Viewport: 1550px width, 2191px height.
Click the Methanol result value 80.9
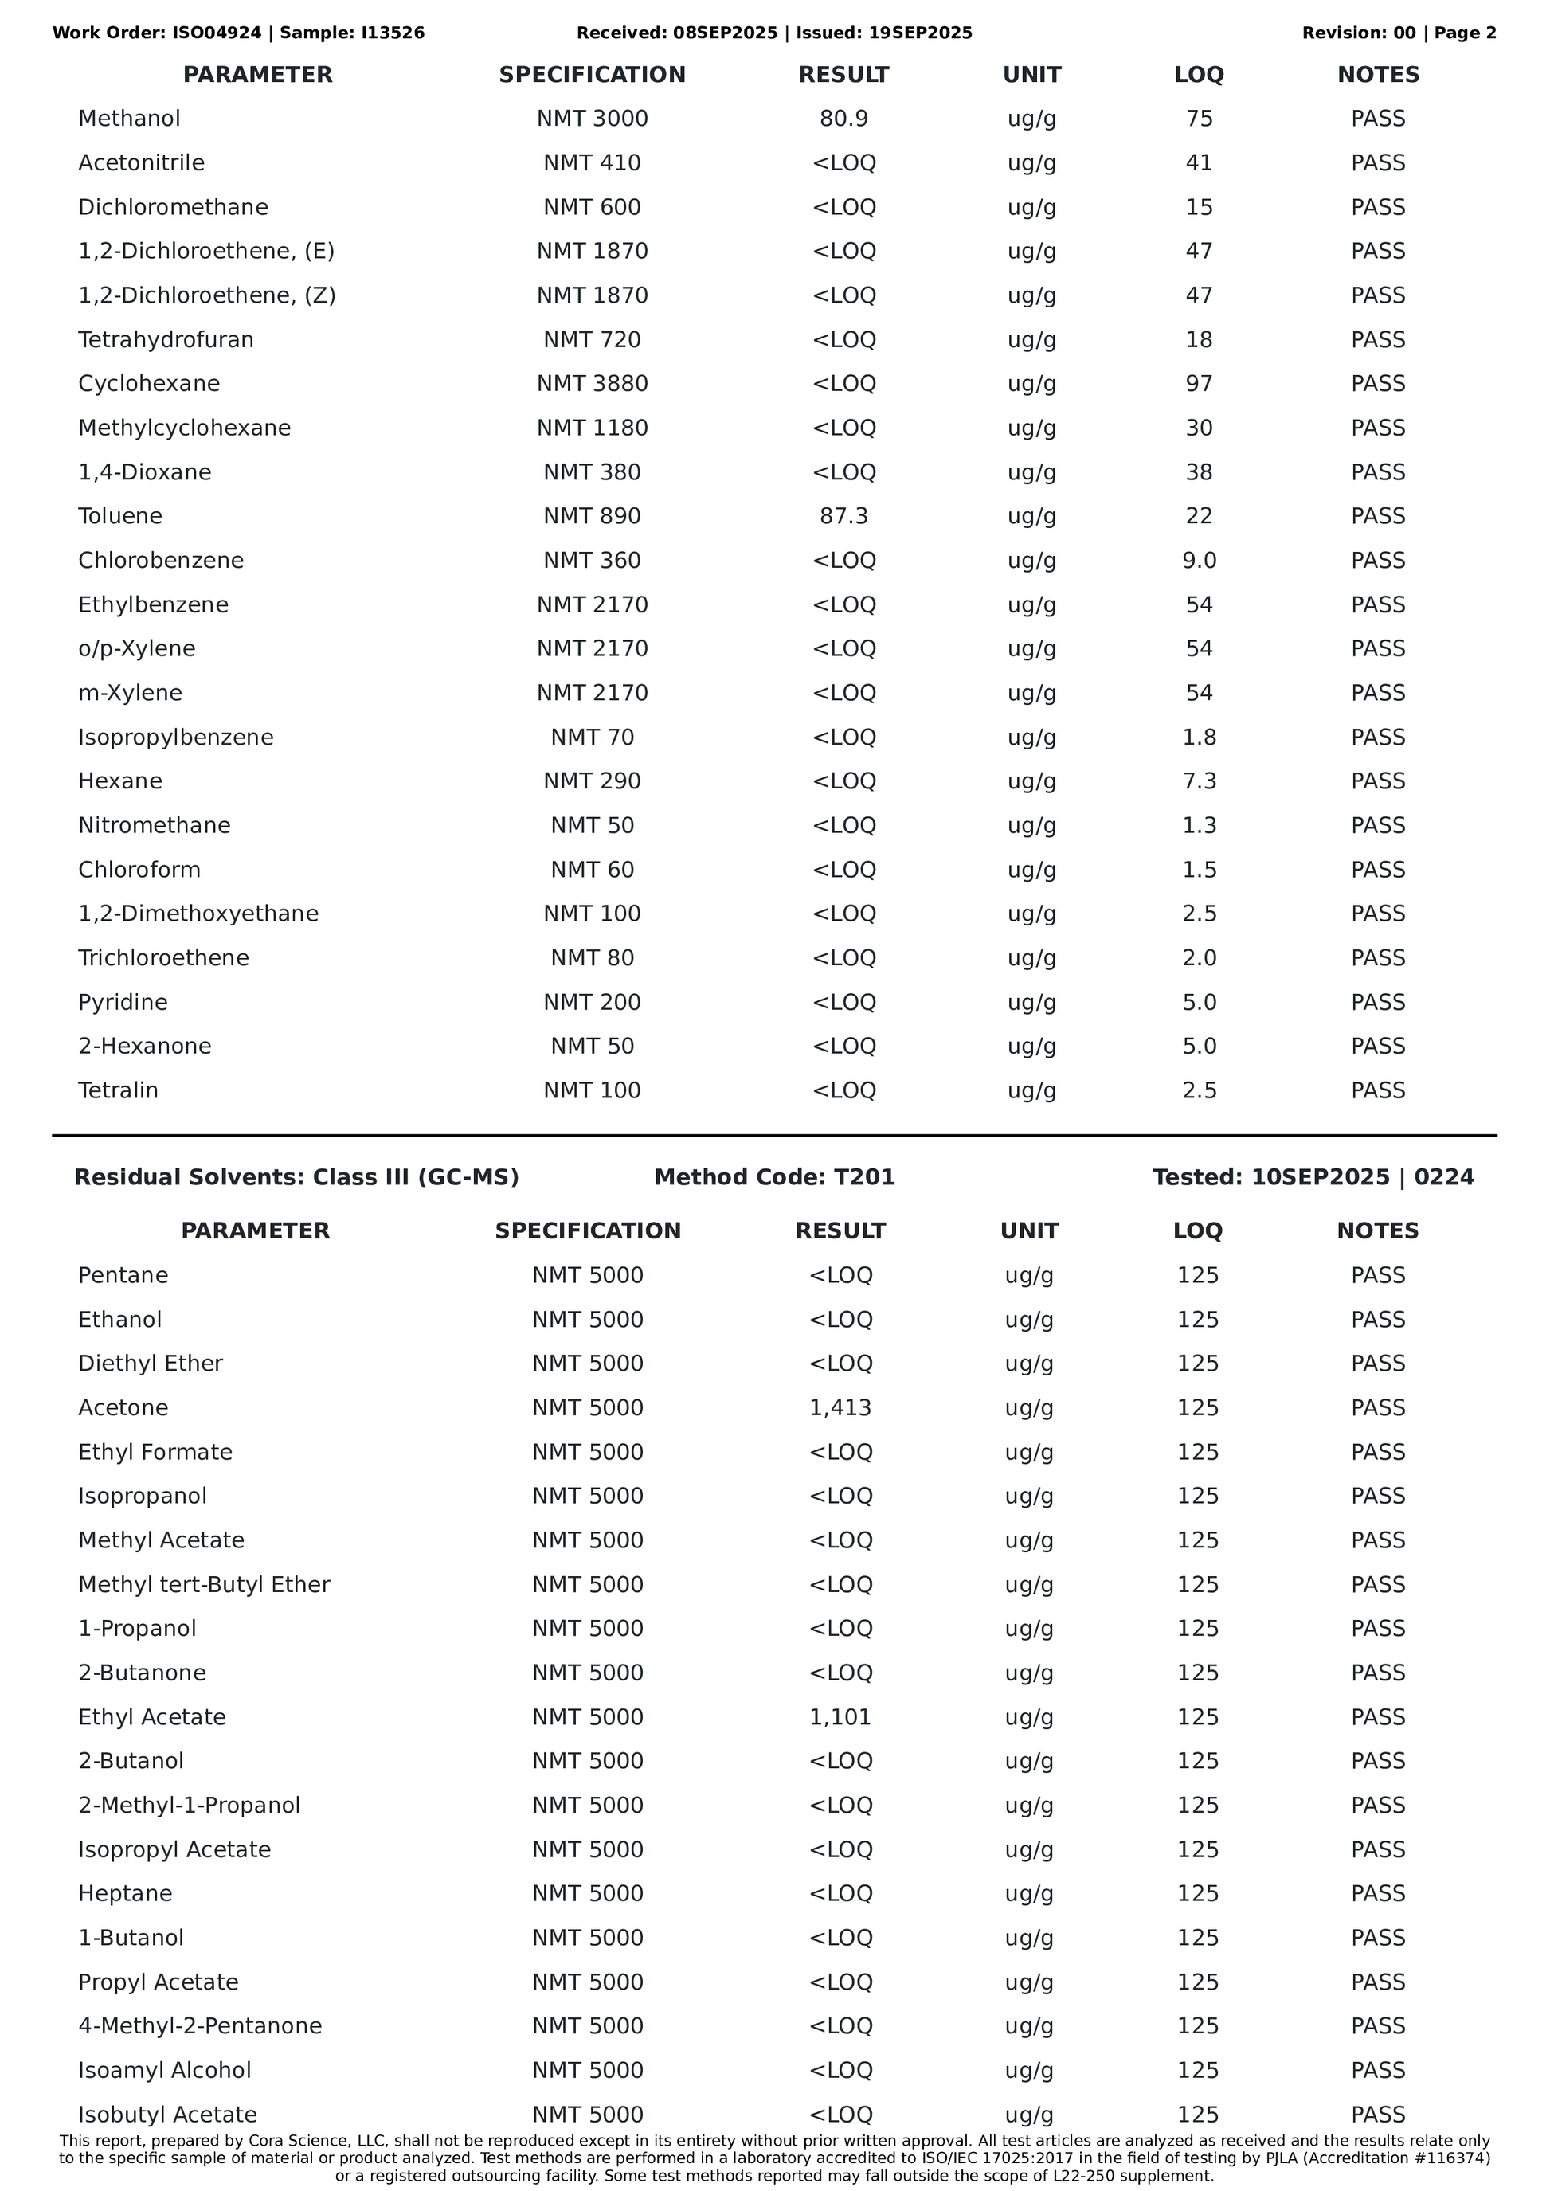pyautogui.click(x=843, y=119)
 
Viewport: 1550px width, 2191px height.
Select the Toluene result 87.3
pyautogui.click(x=843, y=516)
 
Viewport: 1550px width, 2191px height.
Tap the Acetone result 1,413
pyautogui.click(x=840, y=1407)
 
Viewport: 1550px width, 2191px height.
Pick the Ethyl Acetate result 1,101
pyautogui.click(x=840, y=1717)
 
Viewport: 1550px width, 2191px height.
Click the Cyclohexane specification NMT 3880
pyautogui.click(x=592, y=384)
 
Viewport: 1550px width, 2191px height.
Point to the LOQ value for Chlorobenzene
pyautogui.click(x=1199, y=560)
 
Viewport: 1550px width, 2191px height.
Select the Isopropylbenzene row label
pyautogui.click(x=175, y=738)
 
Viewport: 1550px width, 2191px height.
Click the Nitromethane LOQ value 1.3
pyautogui.click(x=1199, y=825)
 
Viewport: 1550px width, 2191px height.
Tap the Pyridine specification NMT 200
pyautogui.click(x=592, y=1002)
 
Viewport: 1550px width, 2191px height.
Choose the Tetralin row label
pyautogui.click(x=119, y=1090)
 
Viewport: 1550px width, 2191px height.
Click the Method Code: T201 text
pyautogui.click(x=774, y=1176)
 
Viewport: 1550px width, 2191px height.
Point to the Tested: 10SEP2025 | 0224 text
pyautogui.click(x=1313, y=1176)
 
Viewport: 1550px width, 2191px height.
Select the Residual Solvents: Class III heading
pyautogui.click(x=296, y=1176)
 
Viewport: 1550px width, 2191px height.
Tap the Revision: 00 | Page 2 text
pyautogui.click(x=1398, y=33)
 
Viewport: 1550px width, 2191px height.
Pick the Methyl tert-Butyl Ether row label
pyautogui.click(x=204, y=1584)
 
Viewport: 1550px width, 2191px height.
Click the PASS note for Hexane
pyautogui.click(x=1377, y=781)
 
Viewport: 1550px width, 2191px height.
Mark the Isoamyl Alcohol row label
pyautogui.click(x=164, y=2070)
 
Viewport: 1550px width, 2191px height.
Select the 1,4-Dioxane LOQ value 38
pyautogui.click(x=1199, y=472)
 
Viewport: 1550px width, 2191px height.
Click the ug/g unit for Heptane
pyautogui.click(x=1029, y=1893)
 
